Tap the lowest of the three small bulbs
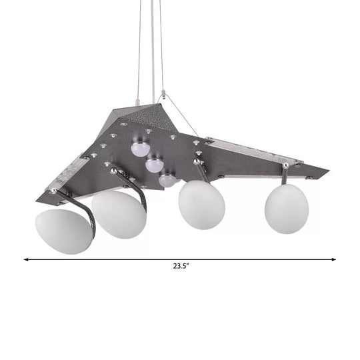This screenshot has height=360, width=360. (x=167, y=179)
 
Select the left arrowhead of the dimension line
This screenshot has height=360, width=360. (x=27, y=259)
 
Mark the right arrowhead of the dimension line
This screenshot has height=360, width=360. (x=333, y=259)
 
